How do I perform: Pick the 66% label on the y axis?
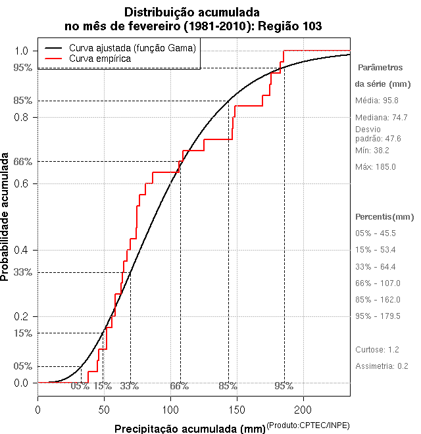tap(22, 161)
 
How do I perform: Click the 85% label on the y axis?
tap(22, 101)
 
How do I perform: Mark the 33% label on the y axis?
tap(22, 272)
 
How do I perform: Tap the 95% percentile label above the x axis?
tap(284, 386)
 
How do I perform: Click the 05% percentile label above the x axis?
tap(80, 386)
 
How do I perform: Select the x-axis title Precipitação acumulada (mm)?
tap(189, 429)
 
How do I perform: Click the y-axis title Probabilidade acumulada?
tap(6, 218)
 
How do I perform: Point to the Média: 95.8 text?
tap(377, 101)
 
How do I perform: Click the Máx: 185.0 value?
tap(376, 167)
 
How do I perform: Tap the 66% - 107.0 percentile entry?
tap(378, 283)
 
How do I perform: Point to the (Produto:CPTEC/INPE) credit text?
tap(308, 426)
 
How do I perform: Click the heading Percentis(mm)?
tap(384, 217)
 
